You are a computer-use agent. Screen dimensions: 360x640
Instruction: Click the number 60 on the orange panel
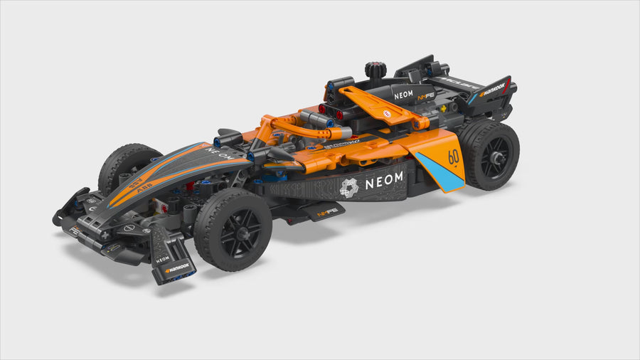pyautogui.click(x=453, y=157)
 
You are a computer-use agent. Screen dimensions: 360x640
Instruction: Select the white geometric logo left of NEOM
pyautogui.click(x=349, y=188)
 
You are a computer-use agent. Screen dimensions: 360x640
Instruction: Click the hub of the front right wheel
pyautogui.click(x=233, y=230)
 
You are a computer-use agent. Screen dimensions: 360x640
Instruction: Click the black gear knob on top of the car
pyautogui.click(x=375, y=70)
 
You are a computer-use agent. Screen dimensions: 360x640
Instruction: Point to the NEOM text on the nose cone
pyautogui.click(x=218, y=154)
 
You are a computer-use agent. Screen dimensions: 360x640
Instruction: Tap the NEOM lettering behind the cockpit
pyautogui.click(x=403, y=94)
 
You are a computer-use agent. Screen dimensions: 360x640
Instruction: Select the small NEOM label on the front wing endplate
pyautogui.click(x=163, y=259)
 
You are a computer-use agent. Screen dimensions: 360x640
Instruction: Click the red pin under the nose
pyautogui.click(x=190, y=187)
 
